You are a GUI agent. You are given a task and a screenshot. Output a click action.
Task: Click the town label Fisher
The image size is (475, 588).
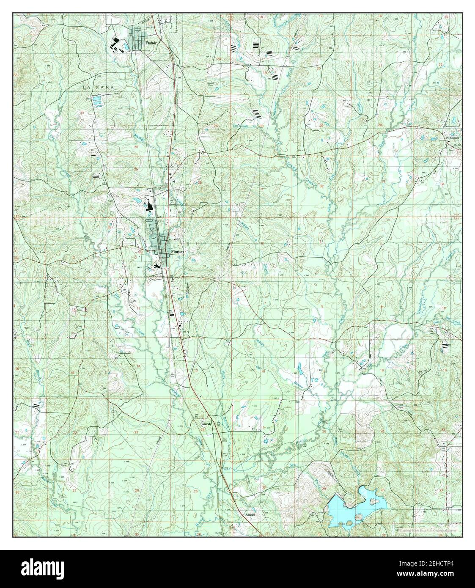(x=151, y=43)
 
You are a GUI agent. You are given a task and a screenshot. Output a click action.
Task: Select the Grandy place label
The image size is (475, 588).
(x=206, y=423)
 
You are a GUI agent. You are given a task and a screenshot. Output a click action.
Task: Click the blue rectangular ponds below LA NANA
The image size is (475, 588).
(x=97, y=100)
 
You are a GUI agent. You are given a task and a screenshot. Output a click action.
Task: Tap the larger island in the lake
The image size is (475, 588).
(x=373, y=502)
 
